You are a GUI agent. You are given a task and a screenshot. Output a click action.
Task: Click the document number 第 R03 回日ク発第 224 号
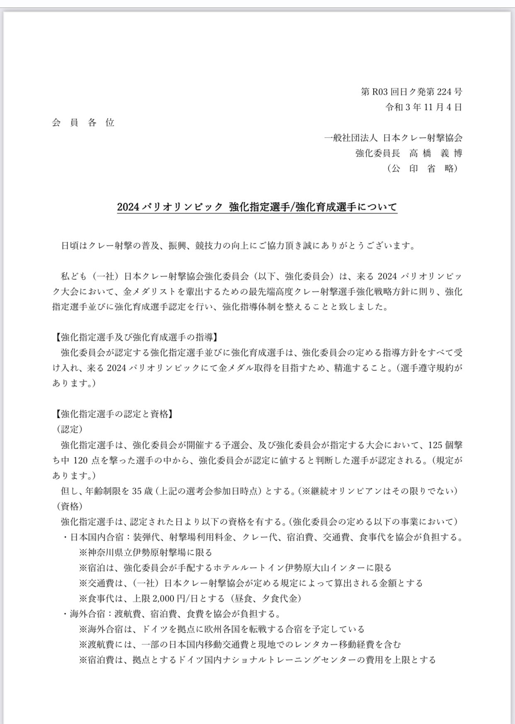411,92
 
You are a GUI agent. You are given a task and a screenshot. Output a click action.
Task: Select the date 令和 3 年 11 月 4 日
423,107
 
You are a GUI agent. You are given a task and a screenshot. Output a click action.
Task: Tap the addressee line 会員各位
83,123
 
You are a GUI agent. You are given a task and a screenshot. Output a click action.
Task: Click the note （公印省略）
423,168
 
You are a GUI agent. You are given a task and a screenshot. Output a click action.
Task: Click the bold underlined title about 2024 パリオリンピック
257,207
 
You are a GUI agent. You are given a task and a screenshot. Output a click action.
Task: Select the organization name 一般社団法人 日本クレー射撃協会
393,138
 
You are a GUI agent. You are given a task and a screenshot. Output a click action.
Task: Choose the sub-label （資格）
70,506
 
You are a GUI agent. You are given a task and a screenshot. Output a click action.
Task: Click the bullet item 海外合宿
88,614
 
